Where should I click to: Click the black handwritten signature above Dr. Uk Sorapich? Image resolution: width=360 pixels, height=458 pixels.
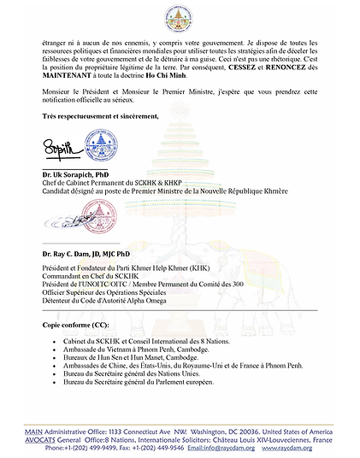[62, 152]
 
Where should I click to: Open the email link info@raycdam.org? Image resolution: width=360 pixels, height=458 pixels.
[251, 447]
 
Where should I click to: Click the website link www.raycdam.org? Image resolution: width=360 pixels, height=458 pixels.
[315, 447]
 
